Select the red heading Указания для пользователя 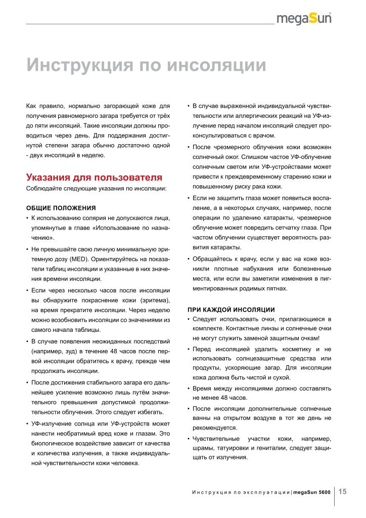(x=94, y=178)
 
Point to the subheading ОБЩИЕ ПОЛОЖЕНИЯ (x=61, y=207)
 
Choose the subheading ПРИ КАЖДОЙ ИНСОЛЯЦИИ (x=231, y=309)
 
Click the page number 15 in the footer (x=342, y=491)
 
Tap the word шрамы (x=203, y=448)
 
